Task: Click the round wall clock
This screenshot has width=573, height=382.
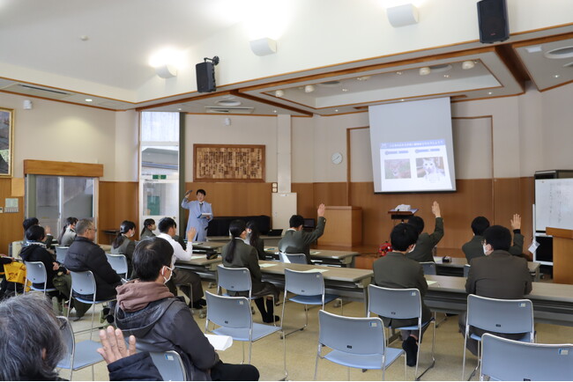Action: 337,158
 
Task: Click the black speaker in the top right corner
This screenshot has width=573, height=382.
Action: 492,20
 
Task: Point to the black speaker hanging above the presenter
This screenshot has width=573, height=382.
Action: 205,76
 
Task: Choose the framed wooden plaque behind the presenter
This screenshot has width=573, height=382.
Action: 229,163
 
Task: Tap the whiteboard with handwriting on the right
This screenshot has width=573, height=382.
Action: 554,203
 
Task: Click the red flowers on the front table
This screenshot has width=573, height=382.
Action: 384,249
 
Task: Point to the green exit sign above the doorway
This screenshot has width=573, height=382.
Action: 159,177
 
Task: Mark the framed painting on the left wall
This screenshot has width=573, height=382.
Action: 5,142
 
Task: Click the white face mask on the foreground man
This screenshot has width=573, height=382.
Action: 167,275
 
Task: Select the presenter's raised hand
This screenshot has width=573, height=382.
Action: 186,194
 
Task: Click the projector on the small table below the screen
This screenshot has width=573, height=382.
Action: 403,209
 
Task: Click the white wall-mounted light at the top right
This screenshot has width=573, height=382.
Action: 402,15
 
